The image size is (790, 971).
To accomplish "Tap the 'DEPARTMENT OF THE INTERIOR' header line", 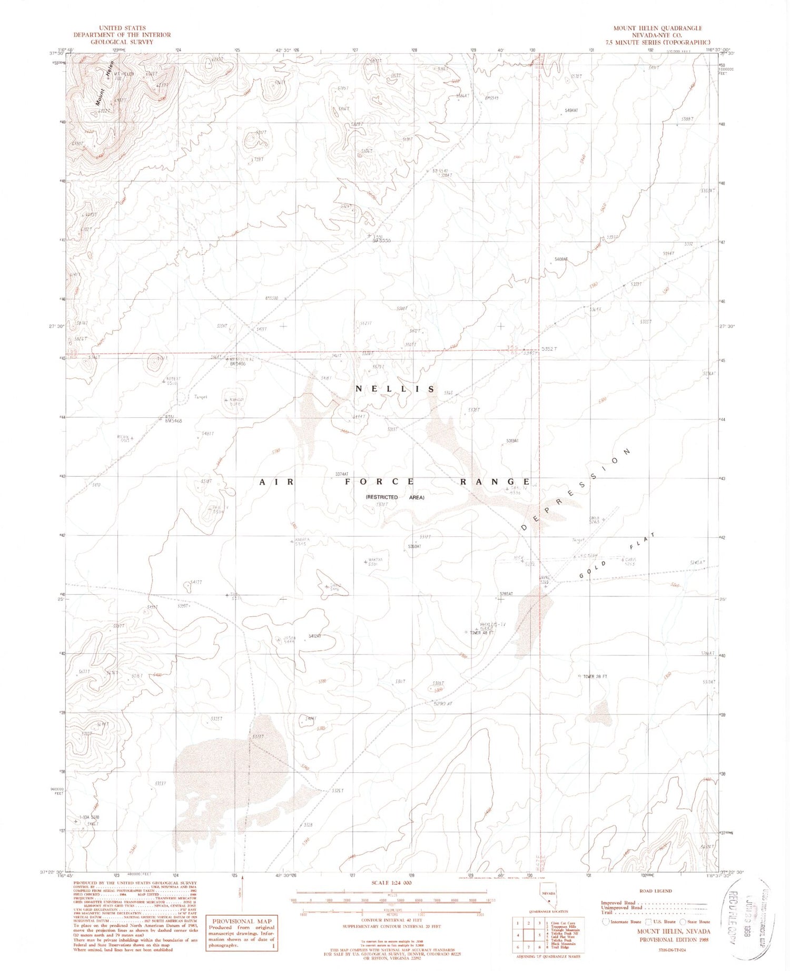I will [x=122, y=35].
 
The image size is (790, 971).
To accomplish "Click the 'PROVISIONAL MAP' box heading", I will [x=241, y=921].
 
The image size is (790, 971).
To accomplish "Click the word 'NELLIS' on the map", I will [x=395, y=389].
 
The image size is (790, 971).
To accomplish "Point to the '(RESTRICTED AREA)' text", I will [x=395, y=497].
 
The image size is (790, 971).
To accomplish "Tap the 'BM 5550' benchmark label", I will [x=381, y=240].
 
